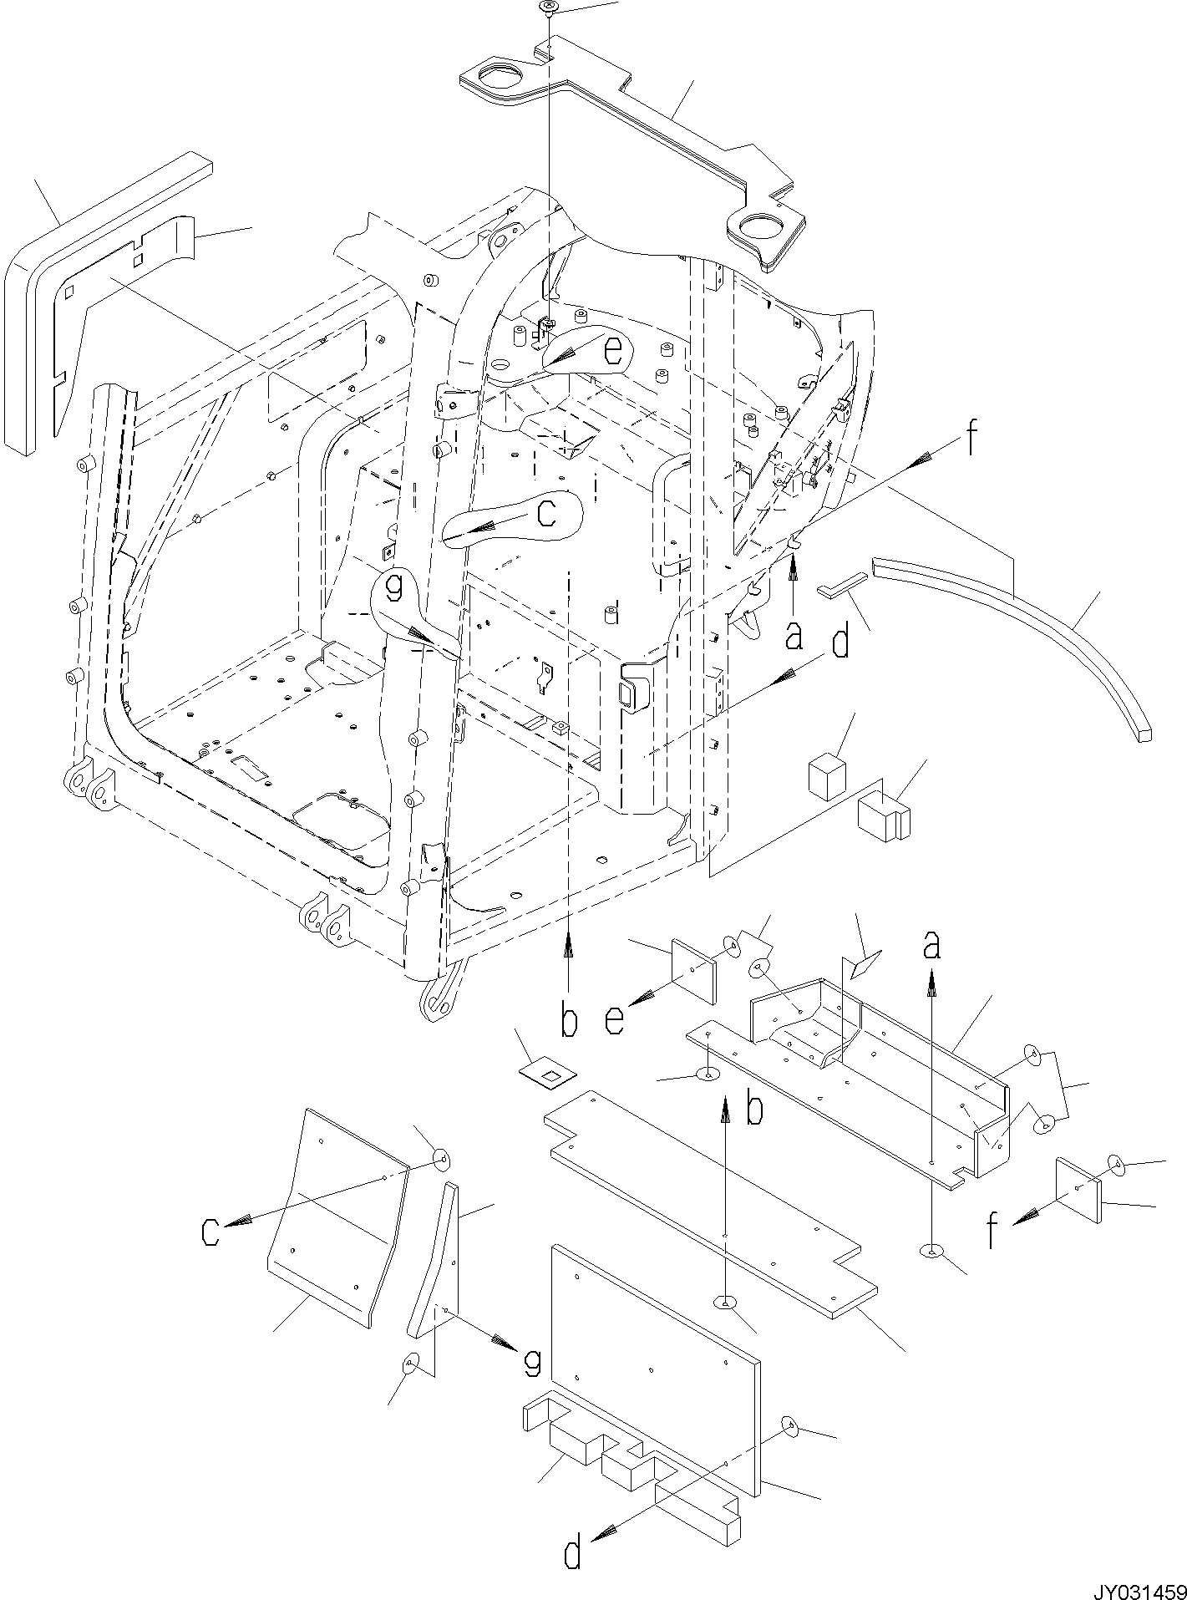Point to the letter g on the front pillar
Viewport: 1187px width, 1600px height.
point(394,590)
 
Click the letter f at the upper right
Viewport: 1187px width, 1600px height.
point(971,439)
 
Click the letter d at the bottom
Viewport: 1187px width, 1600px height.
point(572,1553)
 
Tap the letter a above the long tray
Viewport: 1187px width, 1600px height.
point(931,947)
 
